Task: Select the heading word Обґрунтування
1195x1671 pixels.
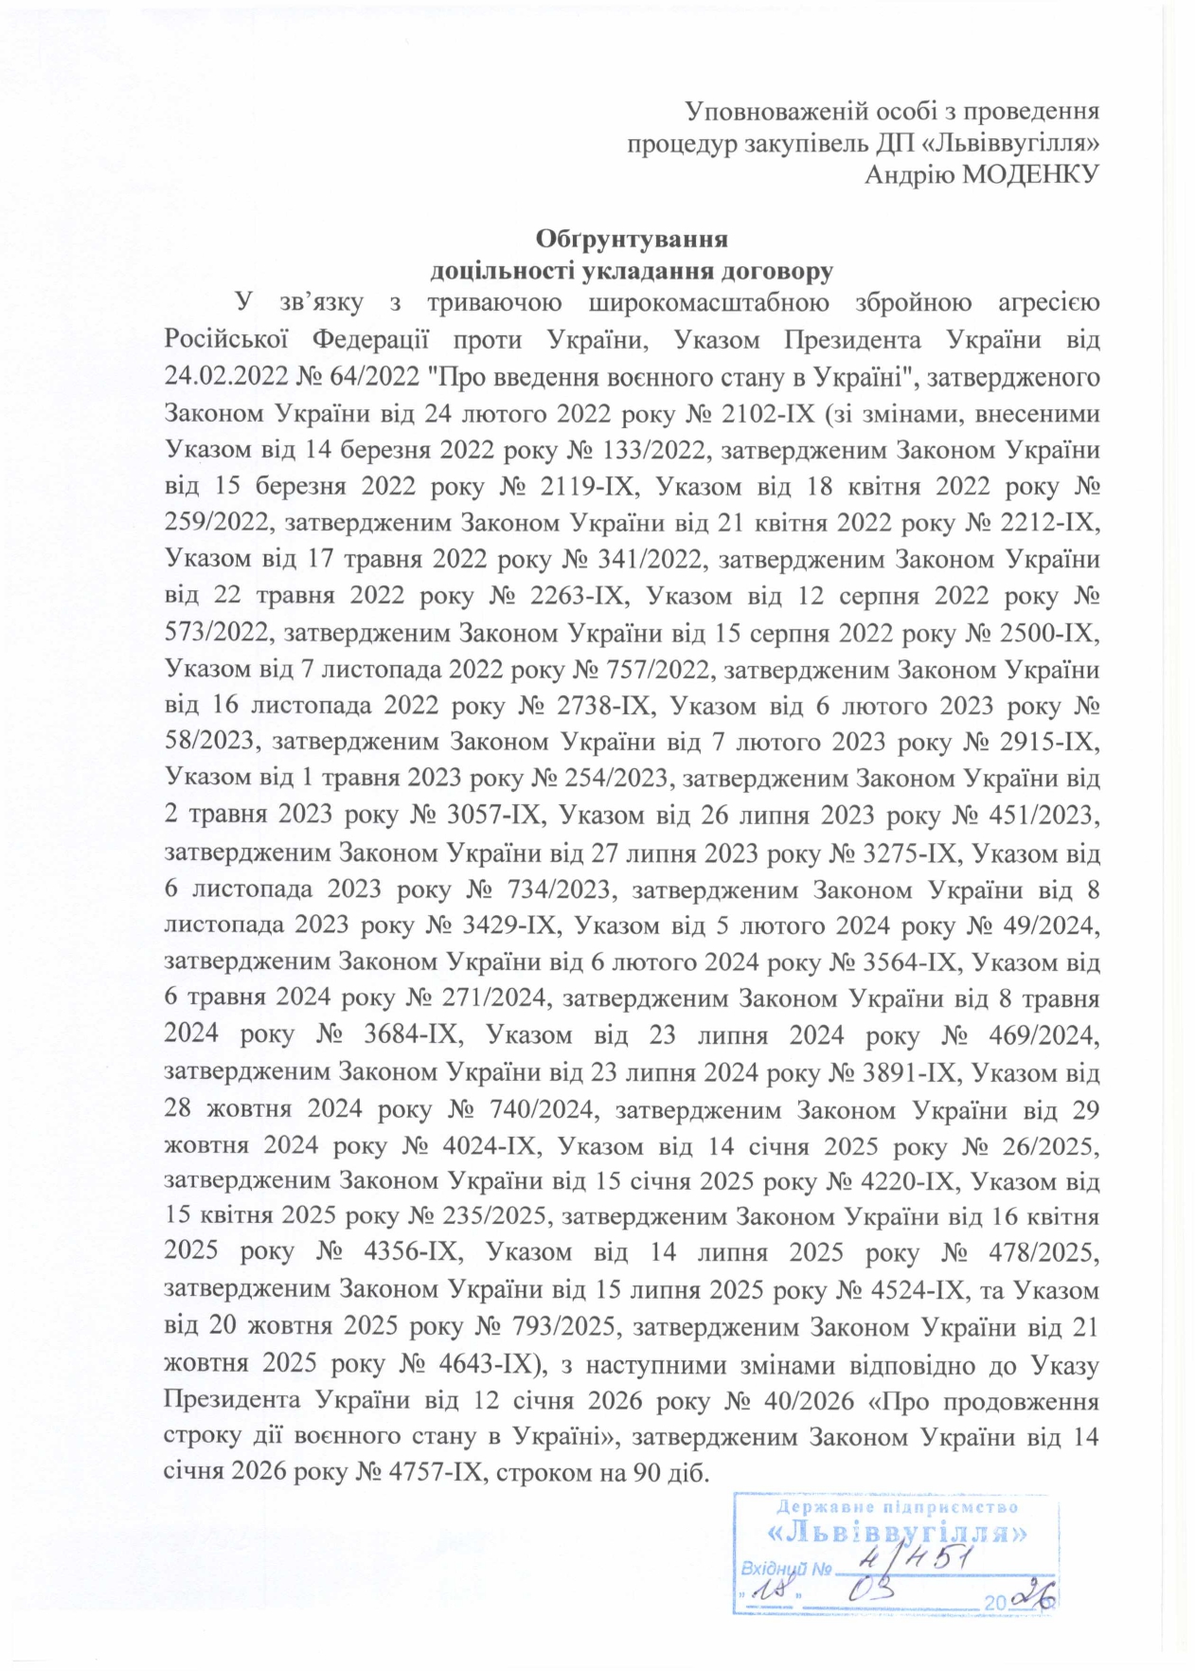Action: pos(632,237)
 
